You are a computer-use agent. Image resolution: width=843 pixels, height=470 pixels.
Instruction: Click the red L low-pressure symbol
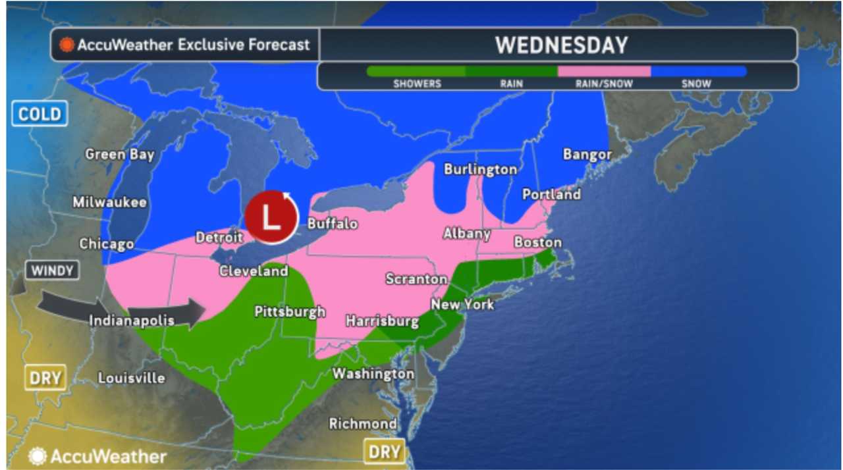[x=271, y=217]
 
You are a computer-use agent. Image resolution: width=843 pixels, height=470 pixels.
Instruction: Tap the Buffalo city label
[x=332, y=224]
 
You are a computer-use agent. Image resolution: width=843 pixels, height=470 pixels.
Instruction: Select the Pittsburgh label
[x=290, y=311]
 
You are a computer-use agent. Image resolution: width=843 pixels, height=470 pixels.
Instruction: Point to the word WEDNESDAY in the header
[x=562, y=45]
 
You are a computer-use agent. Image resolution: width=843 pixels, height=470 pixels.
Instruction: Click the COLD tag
[x=39, y=114]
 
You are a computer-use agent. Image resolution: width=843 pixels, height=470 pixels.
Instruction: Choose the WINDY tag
[x=51, y=270]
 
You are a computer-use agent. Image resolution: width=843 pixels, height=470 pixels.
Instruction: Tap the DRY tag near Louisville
[x=45, y=379]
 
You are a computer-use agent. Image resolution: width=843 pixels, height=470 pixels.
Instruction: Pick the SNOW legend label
[x=697, y=84]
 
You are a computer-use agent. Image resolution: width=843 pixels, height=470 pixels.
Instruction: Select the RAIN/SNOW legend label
[x=604, y=84]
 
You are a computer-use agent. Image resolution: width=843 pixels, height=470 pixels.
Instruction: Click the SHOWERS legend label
[x=417, y=84]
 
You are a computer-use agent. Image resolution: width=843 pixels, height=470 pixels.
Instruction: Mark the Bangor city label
[x=587, y=155]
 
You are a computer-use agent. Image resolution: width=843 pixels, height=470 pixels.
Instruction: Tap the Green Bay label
[x=120, y=155]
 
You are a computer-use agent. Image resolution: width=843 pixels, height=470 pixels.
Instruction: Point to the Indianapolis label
[x=132, y=321]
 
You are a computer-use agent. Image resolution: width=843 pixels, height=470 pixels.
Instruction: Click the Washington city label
[x=373, y=374]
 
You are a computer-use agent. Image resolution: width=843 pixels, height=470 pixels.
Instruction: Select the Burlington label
[x=480, y=169]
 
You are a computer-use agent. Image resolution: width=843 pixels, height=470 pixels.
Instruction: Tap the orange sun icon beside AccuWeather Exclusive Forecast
[x=67, y=45]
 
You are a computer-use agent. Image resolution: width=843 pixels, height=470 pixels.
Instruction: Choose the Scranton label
[x=416, y=279]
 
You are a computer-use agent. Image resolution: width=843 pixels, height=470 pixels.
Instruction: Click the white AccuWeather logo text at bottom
[x=108, y=456]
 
